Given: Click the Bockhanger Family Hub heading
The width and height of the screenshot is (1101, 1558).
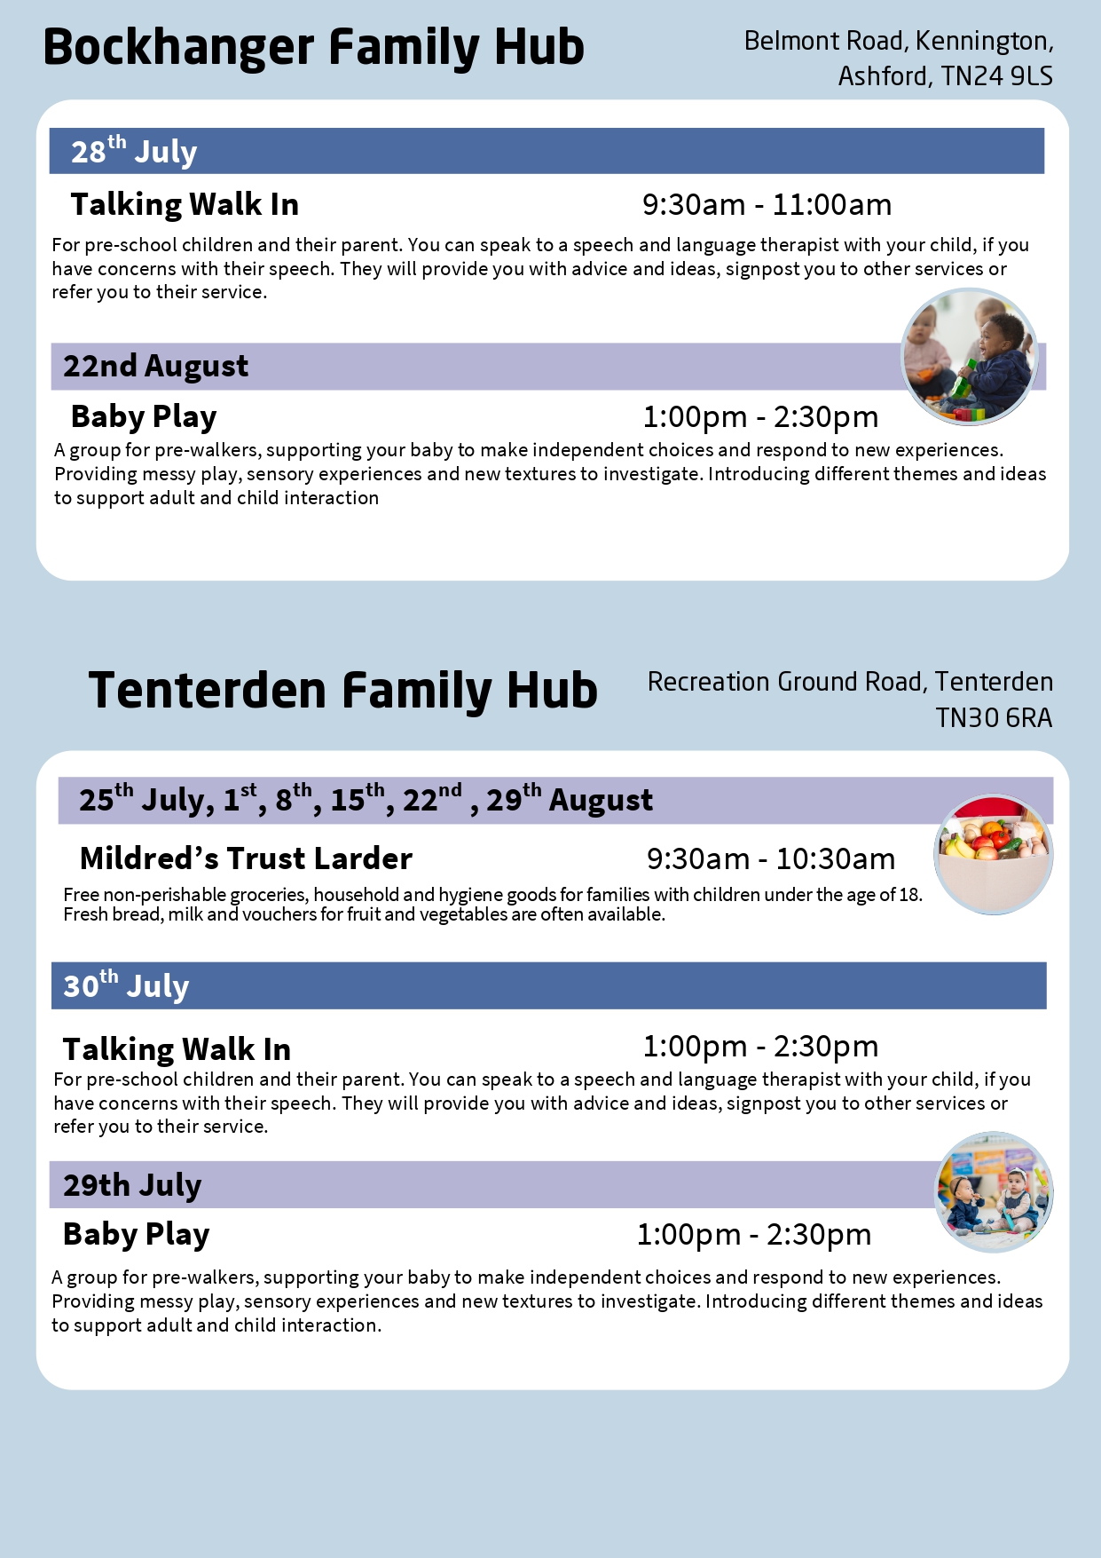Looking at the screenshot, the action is point(313,48).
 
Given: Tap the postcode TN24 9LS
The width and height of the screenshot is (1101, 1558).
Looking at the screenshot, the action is point(996,76).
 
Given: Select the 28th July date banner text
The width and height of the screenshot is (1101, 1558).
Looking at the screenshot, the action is point(134,151).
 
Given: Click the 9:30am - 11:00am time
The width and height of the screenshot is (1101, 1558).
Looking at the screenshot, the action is point(767,205).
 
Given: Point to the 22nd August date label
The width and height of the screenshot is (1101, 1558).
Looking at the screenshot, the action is point(155,366).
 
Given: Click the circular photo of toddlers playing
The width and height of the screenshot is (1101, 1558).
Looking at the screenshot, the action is point(969,357).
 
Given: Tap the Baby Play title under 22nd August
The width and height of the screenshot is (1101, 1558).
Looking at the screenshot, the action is point(144,416).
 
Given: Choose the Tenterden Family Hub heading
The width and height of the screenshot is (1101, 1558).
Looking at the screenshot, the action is point(342,691).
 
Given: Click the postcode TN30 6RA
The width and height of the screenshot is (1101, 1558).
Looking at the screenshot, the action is point(994,717).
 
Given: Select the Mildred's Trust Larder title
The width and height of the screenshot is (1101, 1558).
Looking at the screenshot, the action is point(246,858).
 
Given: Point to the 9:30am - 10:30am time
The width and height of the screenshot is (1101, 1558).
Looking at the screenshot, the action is point(770,859).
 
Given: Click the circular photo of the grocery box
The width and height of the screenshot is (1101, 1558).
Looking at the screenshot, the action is point(994,854).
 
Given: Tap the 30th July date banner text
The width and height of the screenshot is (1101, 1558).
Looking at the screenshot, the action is point(126,985).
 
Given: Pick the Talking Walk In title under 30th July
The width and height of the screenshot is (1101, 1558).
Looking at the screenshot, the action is point(177,1049).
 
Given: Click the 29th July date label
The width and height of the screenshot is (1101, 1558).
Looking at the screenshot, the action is point(132,1185).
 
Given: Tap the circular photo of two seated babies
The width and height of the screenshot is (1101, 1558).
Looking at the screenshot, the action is point(995,1191).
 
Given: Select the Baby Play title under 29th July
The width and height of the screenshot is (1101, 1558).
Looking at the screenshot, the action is point(136,1234).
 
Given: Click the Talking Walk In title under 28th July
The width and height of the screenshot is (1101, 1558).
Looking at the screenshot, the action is point(185,204).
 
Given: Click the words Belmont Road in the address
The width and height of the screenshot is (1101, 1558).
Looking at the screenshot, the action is point(825,41).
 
